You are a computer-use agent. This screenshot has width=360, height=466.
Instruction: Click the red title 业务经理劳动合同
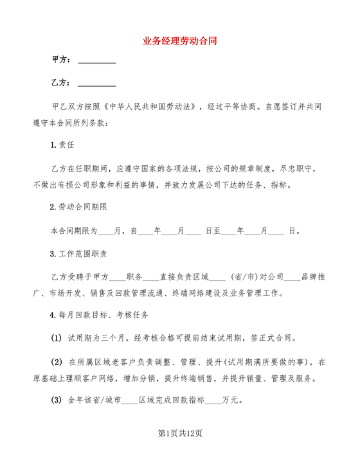tap(180, 39)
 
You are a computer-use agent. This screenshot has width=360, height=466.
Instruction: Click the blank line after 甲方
tap(96, 60)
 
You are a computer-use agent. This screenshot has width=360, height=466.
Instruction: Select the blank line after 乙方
tap(96, 83)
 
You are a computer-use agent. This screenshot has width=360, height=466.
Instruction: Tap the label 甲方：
tap(60, 60)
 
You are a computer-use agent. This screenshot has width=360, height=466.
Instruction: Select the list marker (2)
tap(57, 362)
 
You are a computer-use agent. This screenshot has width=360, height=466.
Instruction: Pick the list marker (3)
tap(57, 400)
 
